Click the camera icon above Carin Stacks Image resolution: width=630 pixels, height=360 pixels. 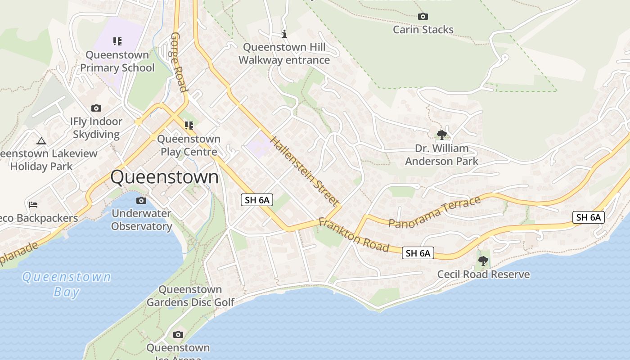point(423,17)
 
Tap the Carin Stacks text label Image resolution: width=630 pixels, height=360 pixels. point(423,30)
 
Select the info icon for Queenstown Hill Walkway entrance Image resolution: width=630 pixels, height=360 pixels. point(284,34)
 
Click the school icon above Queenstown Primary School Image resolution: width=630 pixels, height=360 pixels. point(117,41)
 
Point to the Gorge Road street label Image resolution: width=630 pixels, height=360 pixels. point(178,62)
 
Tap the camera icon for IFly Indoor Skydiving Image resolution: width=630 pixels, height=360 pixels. point(96,108)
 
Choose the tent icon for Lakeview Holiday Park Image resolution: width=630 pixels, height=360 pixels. point(41,141)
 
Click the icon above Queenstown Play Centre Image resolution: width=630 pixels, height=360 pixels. point(189,126)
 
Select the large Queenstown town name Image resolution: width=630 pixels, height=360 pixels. point(164,177)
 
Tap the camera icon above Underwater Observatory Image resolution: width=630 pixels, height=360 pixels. point(141,200)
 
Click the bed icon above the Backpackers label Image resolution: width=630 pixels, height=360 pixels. point(33,205)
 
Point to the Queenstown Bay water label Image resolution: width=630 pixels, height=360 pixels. point(67,284)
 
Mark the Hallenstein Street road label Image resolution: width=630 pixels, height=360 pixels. point(304,171)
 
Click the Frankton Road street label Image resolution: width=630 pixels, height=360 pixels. point(354,235)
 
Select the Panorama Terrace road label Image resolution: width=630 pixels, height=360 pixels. point(434,212)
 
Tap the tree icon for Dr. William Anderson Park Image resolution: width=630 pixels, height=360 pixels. point(442,135)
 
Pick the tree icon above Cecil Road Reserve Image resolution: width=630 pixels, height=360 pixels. point(483,261)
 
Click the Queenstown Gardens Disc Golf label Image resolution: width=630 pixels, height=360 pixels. point(190,296)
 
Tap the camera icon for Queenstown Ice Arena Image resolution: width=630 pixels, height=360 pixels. point(178,334)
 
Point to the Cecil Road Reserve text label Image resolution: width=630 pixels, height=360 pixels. point(483,274)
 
